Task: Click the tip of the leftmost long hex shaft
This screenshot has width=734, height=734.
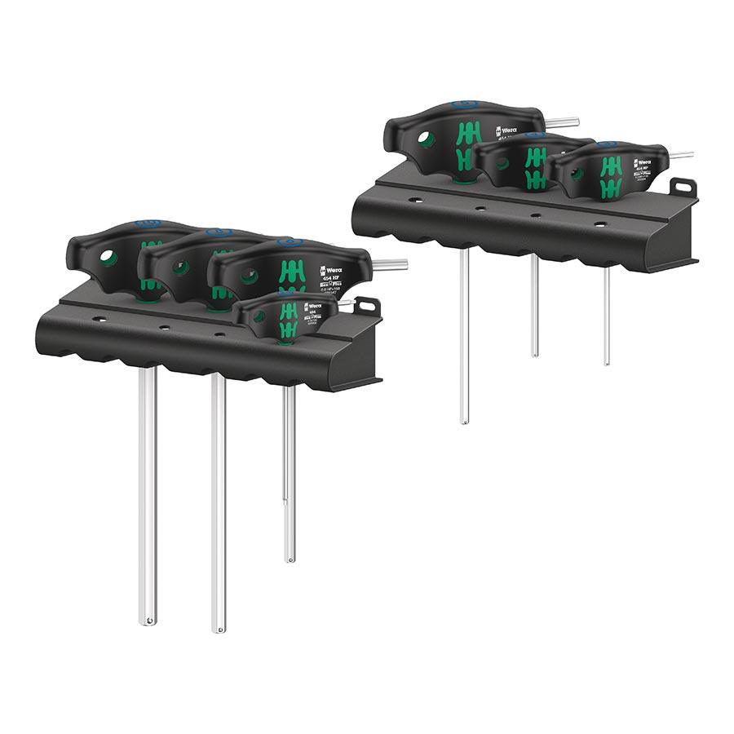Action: pos(147,621)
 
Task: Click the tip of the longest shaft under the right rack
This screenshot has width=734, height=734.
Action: pos(464,421)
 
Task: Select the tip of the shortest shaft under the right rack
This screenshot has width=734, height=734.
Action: pos(607,361)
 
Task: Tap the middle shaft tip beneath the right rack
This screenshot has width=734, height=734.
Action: pos(535,353)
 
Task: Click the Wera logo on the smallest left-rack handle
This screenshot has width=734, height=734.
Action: pos(312,307)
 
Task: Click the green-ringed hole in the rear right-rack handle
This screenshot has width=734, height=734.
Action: pos(426,139)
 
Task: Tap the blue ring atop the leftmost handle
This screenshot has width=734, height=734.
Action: pos(147,223)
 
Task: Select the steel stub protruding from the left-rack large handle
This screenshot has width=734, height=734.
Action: pos(390,264)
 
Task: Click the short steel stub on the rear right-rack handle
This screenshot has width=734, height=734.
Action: pos(562,123)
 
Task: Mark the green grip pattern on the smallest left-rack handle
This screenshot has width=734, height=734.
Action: pos(288,320)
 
